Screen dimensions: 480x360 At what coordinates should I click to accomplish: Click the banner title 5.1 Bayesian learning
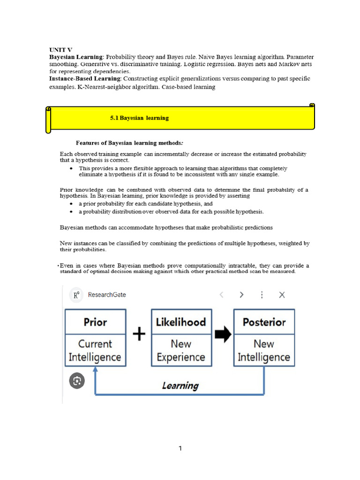(x=139, y=118)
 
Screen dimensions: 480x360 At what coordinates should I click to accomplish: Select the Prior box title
(x=95, y=322)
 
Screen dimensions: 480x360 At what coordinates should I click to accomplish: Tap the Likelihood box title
(x=181, y=322)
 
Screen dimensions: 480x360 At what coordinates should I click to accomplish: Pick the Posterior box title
(x=264, y=322)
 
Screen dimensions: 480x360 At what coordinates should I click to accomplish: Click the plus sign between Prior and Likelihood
(x=139, y=334)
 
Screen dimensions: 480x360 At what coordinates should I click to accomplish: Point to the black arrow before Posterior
(x=223, y=334)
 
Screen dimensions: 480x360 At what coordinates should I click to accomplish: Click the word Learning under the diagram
(x=180, y=386)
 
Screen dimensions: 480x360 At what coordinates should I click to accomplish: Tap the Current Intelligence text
(x=95, y=350)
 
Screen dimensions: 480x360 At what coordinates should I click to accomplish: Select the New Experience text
(x=181, y=350)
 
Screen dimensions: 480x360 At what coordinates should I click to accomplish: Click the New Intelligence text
(x=264, y=350)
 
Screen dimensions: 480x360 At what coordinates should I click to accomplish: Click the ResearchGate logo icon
(x=75, y=295)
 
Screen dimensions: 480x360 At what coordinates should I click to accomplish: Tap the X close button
(x=282, y=295)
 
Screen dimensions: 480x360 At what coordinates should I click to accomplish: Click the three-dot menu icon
(x=262, y=295)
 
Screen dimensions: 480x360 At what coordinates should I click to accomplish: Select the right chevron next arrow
(x=241, y=295)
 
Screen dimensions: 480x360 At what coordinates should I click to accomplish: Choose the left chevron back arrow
(x=221, y=295)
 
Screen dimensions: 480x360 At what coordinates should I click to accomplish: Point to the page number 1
(x=180, y=449)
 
